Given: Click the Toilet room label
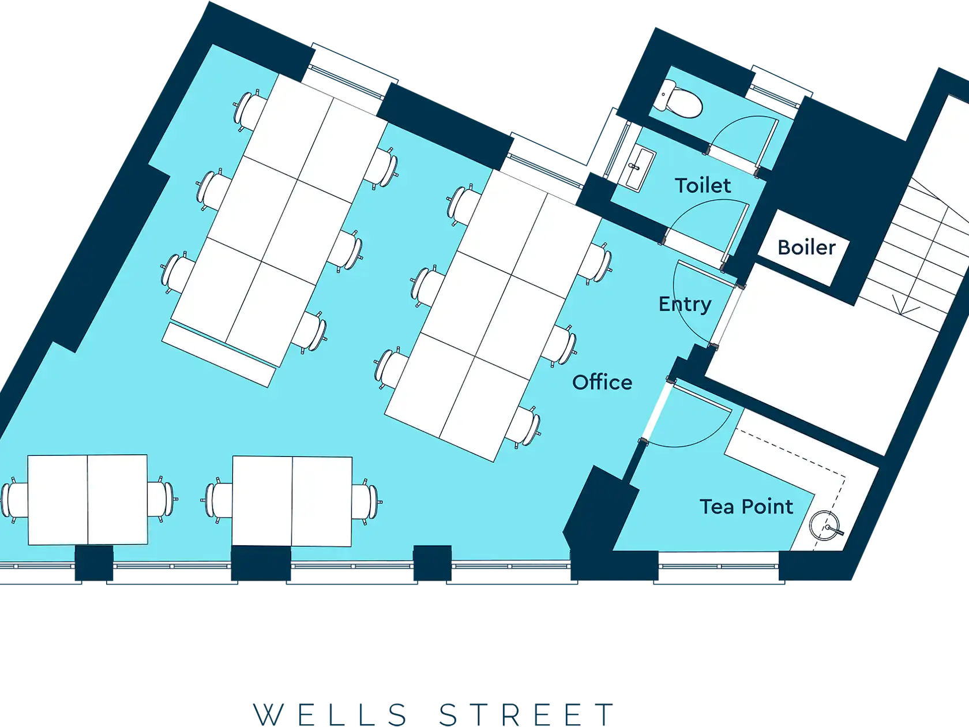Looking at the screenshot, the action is coord(703,185).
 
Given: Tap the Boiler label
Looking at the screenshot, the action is coord(806,247).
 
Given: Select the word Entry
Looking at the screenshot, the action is coord(685,304).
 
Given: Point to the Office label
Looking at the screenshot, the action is coord(602,383).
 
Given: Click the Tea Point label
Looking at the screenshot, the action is coord(746,506).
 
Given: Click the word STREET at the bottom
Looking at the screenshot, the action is coord(526,714).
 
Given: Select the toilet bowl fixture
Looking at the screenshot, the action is coord(677,99).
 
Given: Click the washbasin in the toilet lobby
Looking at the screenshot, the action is coord(637,169).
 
